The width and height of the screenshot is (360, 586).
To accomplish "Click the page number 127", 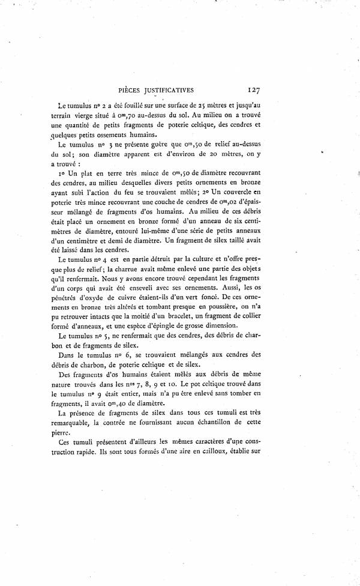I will coord(252,90).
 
